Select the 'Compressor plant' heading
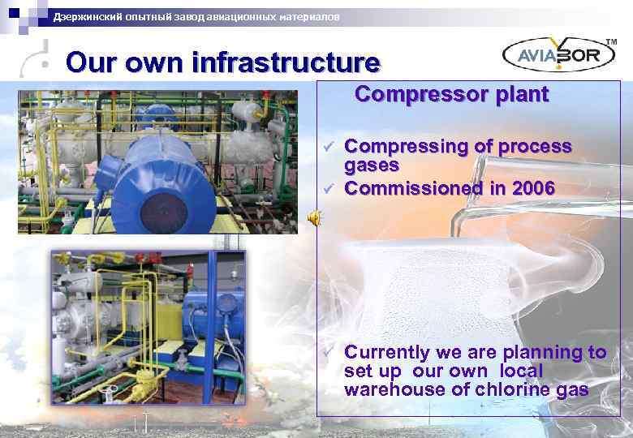point(451,94)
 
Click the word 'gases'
point(372,165)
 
